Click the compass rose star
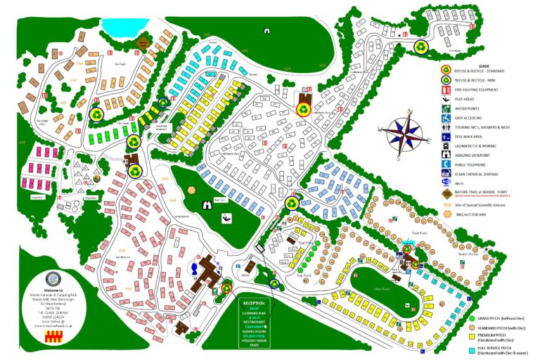coord(400,132)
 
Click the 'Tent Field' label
coord(420,233)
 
